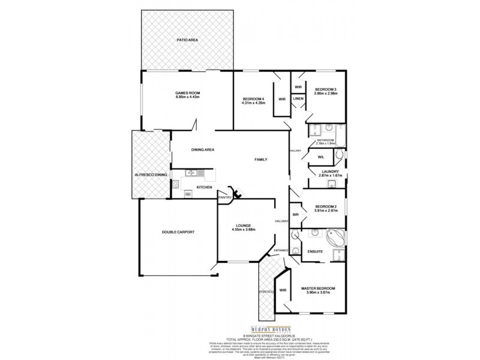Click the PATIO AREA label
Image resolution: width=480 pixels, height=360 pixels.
pyautogui.click(x=187, y=40)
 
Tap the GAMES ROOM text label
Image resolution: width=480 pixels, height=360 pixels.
pyautogui.click(x=187, y=93)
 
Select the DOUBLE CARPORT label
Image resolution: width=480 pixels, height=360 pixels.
pyautogui.click(x=178, y=232)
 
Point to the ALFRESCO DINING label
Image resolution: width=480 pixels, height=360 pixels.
pyautogui.click(x=151, y=174)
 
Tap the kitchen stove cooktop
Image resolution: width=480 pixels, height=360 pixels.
pyautogui.click(x=188, y=193)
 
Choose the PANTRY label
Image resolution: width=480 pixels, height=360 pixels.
pyautogui.click(x=225, y=197)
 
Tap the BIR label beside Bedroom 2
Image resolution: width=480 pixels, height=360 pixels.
pyautogui.click(x=295, y=214)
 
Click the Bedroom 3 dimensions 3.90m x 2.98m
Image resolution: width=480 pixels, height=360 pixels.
pyautogui.click(x=326, y=94)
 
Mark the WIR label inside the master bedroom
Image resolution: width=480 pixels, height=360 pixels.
pyautogui.click(x=283, y=290)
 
